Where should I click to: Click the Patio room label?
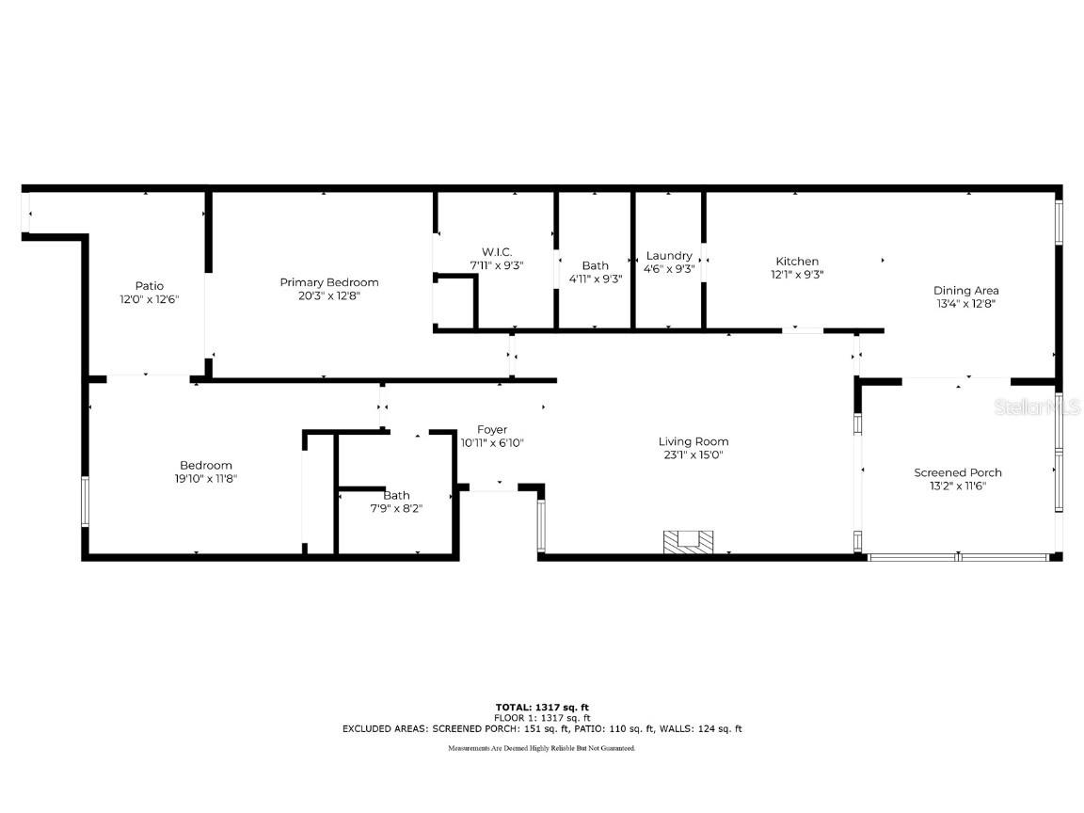click(149, 286)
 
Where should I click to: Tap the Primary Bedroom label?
click(329, 282)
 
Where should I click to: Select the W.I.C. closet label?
click(496, 252)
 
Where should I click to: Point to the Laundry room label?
click(669, 256)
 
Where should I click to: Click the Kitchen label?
click(797, 262)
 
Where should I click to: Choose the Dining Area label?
click(965, 291)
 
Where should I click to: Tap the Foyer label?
click(492, 430)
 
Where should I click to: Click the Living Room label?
click(693, 441)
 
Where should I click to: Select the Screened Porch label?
click(958, 472)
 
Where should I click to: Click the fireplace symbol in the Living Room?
click(689, 541)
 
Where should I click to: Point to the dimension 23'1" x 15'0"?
click(693, 455)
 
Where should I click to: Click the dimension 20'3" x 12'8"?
click(329, 295)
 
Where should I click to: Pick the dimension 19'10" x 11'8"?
click(206, 478)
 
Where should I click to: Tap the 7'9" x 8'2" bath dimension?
click(396, 508)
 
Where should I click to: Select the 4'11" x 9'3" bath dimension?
click(596, 279)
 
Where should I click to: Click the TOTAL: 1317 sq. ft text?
click(542, 707)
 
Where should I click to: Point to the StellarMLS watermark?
click(1041, 407)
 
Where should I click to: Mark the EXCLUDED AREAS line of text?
click(542, 728)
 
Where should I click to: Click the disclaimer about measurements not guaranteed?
click(542, 748)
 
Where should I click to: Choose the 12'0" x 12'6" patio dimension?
click(149, 299)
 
